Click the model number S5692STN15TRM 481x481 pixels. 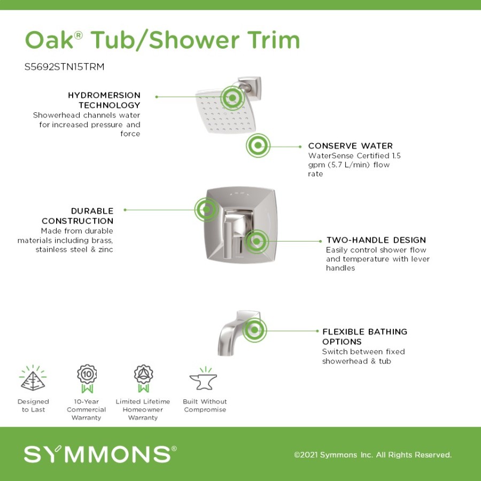pyautogui.click(x=65, y=67)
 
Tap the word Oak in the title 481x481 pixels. pyautogui.click(x=49, y=40)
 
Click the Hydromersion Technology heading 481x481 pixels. pyautogui.click(x=104, y=100)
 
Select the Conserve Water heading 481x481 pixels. pyautogui.click(x=350, y=146)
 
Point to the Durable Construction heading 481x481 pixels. pyautogui.click(x=77, y=216)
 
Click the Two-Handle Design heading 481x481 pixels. pyautogui.click(x=376, y=240)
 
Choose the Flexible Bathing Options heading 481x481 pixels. pyautogui.click(x=364, y=337)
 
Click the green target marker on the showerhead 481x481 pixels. pyautogui.click(x=232, y=98)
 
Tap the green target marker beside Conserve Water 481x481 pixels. pyautogui.click(x=258, y=145)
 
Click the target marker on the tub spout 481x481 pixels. pyautogui.click(x=254, y=330)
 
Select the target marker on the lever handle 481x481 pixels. pyautogui.click(x=257, y=242)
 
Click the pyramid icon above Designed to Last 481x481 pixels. pyautogui.click(x=33, y=378)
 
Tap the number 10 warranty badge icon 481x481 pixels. pyautogui.click(x=87, y=378)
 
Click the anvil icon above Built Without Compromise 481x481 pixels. pyautogui.click(x=203, y=378)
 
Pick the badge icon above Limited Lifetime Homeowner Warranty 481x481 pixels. pyautogui.click(x=143, y=378)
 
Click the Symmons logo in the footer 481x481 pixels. pyautogui.click(x=100, y=454)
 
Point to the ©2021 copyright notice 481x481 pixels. pyautogui.click(x=373, y=455)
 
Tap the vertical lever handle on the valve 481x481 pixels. pyautogui.click(x=227, y=240)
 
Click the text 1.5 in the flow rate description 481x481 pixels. pyautogui.click(x=396, y=156)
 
